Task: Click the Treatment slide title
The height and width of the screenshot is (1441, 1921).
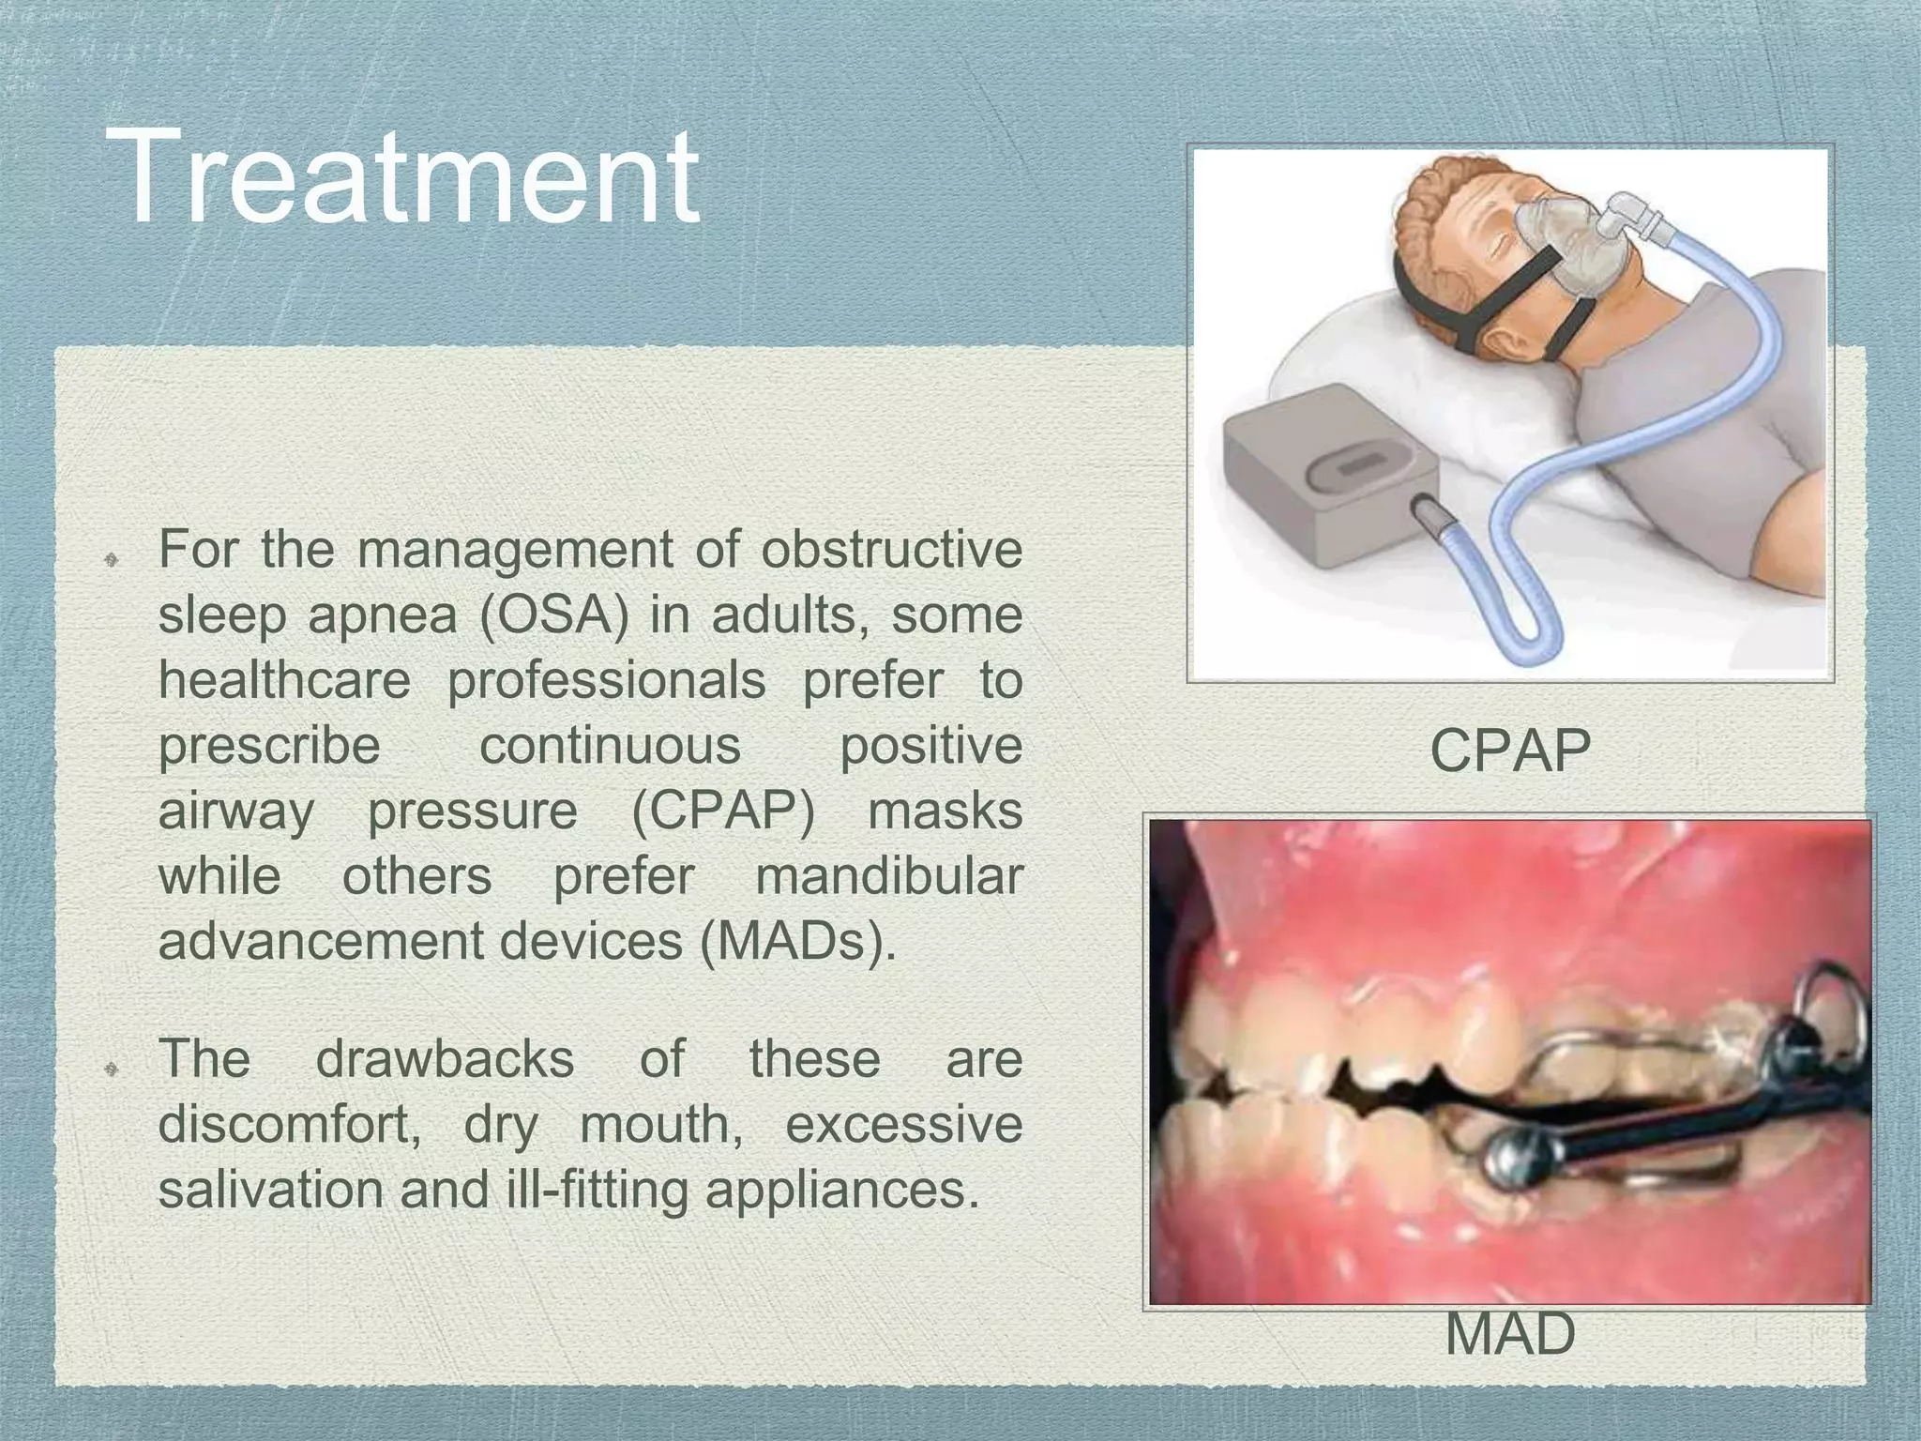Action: click(x=403, y=176)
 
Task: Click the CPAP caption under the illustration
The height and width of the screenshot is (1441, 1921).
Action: click(x=1510, y=751)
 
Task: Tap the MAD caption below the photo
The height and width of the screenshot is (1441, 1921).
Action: click(x=1510, y=1333)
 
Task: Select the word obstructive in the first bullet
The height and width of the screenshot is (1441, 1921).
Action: click(x=891, y=549)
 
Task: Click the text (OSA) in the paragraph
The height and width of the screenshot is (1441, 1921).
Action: click(x=553, y=615)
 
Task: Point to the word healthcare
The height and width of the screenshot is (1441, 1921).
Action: click(x=284, y=680)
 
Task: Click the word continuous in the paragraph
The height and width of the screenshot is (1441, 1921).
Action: click(x=610, y=746)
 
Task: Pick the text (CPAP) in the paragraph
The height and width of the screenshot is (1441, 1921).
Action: click(x=722, y=812)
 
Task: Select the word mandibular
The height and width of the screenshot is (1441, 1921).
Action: click(x=888, y=877)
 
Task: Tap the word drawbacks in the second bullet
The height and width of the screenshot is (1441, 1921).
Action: click(x=445, y=1059)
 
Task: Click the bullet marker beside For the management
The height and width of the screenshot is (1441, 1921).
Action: click(x=110, y=560)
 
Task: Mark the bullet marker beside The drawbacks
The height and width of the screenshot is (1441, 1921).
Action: click(x=110, y=1069)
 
